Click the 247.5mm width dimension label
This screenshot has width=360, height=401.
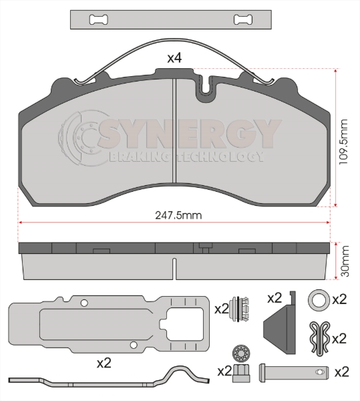click(178, 215)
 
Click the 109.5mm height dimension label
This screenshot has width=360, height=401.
click(343, 142)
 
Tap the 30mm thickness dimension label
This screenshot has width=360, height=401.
click(345, 261)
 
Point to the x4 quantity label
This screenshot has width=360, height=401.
click(174, 58)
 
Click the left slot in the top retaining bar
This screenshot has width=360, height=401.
click(98, 19)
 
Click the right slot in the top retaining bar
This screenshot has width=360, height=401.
click(243, 19)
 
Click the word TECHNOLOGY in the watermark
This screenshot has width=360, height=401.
click(220, 156)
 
